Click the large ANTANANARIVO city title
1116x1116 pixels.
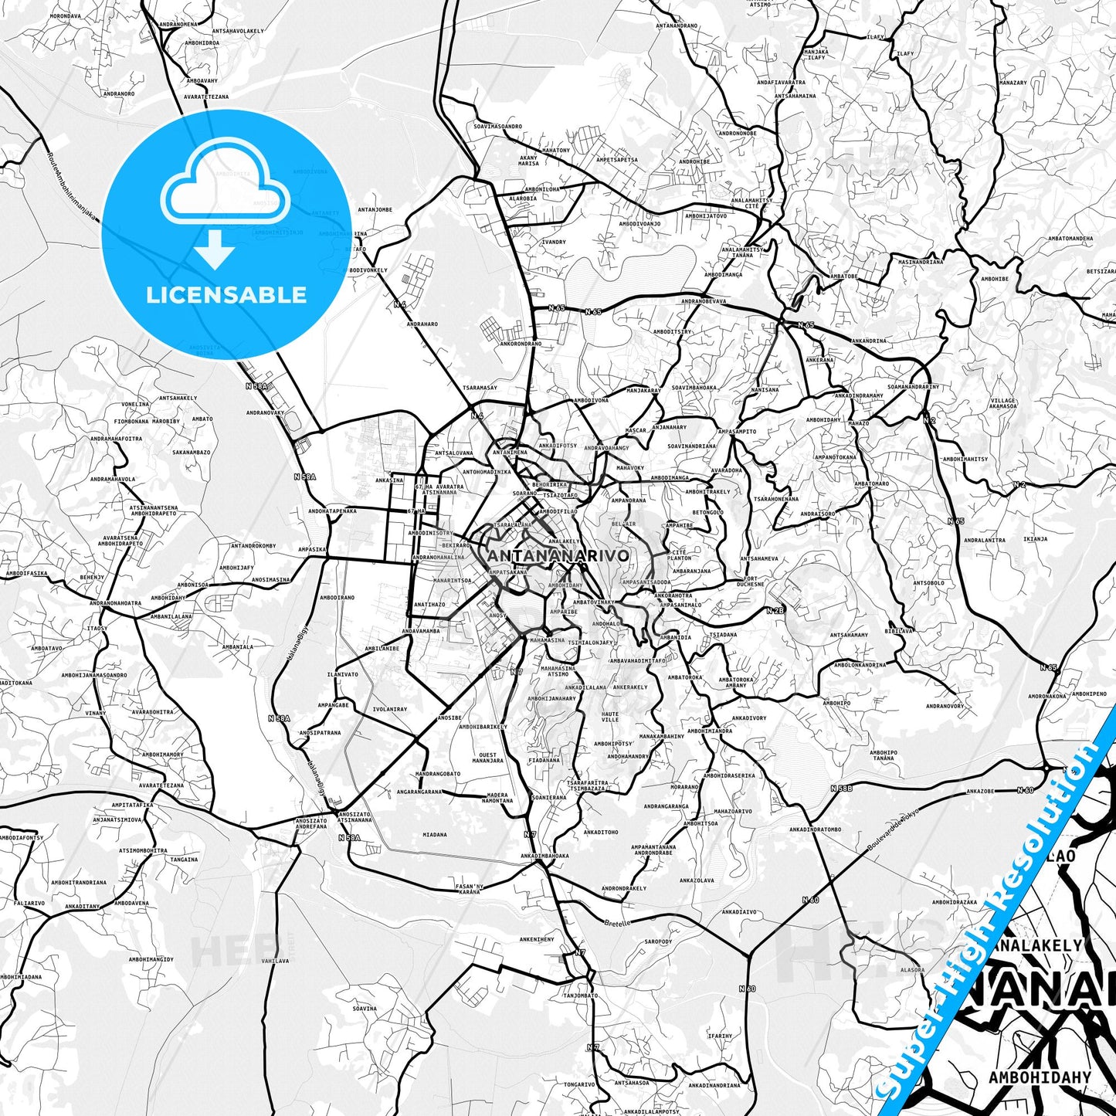pos(558,555)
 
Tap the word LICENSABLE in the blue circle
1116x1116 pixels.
pos(226,294)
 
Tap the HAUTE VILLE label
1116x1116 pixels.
pos(610,717)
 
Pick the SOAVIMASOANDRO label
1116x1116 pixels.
pos(497,126)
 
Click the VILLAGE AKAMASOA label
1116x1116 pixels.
pos(1002,403)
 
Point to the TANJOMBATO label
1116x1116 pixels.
pos(580,996)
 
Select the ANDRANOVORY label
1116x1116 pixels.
pos(945,706)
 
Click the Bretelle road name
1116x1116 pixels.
pos(617,923)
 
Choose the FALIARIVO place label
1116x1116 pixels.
pos(29,902)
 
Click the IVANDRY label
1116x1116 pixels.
pos(553,242)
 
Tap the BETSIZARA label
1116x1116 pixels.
pos(1101,271)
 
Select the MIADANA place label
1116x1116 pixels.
pos(435,834)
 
